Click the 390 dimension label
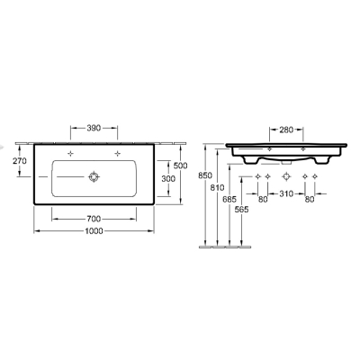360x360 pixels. [x=94, y=128]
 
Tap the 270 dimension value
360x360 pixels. [x=20, y=161]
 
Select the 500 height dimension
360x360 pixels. [x=181, y=166]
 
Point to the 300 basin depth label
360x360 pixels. [x=168, y=179]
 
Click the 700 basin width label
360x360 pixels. [x=94, y=220]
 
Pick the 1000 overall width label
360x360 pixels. [x=94, y=231]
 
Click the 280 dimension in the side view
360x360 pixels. [x=286, y=130]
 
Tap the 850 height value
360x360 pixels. [x=205, y=175]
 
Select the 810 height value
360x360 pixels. [x=217, y=188]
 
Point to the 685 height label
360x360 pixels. [x=229, y=199]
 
